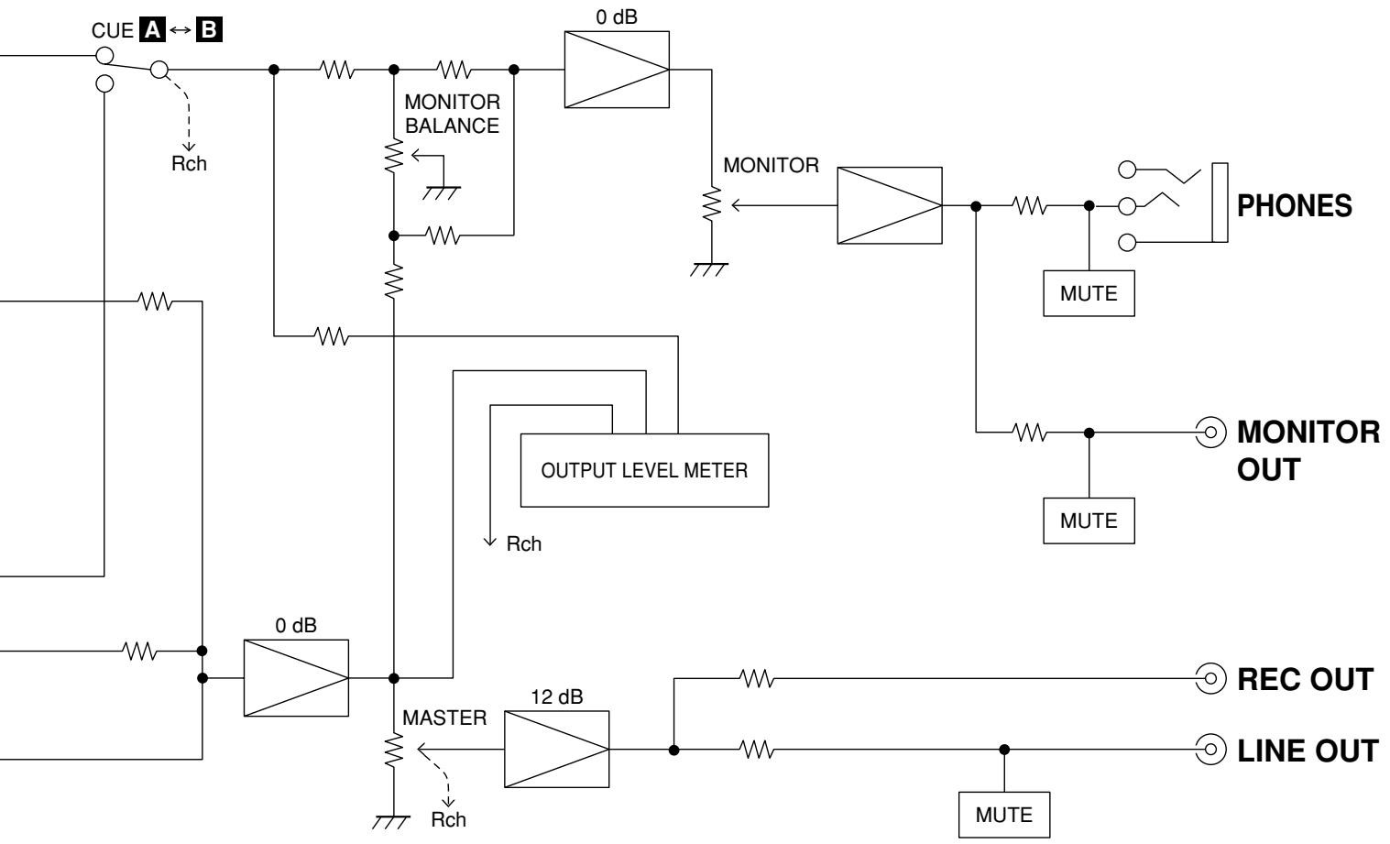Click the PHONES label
point(1295,206)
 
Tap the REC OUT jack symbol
point(1210,678)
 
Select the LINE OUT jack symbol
point(1210,750)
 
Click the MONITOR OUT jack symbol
point(1210,433)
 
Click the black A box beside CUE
point(153,30)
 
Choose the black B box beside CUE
point(209,30)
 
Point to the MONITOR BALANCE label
point(453,114)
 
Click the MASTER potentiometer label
point(444,718)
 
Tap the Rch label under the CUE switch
point(189,164)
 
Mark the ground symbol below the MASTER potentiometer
point(391,822)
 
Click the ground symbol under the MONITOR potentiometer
point(708,269)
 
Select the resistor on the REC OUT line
point(757,679)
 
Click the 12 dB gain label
point(556,697)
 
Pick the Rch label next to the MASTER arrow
point(448,820)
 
